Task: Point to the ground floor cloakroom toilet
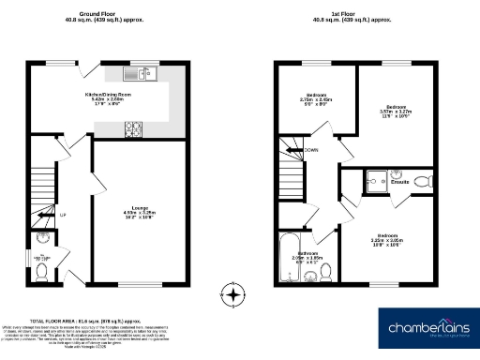[41, 271]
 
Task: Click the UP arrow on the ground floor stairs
[62, 215]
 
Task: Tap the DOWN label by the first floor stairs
[310, 150]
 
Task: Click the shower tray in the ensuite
[377, 180]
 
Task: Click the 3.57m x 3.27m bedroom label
[399, 111]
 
